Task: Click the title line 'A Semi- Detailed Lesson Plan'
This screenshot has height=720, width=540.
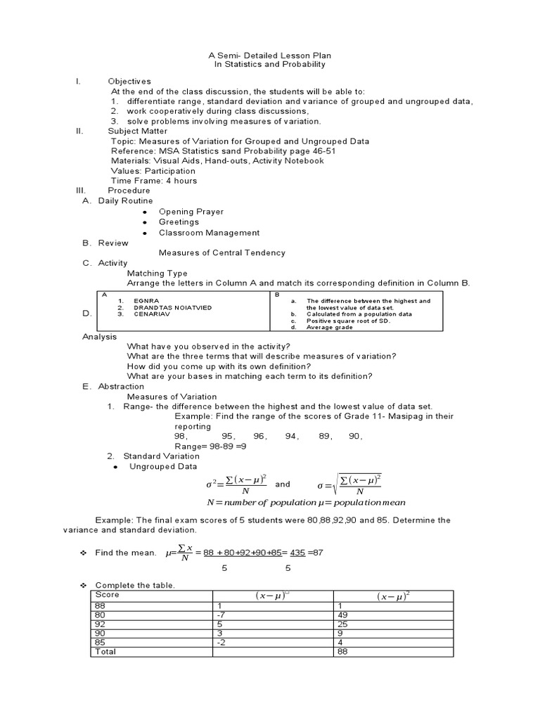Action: (x=270, y=55)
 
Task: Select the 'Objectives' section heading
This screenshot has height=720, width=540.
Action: (x=129, y=82)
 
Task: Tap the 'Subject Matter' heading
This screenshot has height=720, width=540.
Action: (x=138, y=131)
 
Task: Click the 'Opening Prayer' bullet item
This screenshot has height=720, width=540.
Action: (x=191, y=212)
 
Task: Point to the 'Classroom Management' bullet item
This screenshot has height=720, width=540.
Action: (x=209, y=233)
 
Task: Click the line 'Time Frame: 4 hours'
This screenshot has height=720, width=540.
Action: (x=154, y=181)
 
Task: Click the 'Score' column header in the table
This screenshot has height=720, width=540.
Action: (x=108, y=595)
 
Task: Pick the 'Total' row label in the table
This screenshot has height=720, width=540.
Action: (x=105, y=652)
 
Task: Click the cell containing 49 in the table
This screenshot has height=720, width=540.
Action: (x=343, y=615)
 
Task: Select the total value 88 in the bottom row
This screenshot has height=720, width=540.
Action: (x=343, y=652)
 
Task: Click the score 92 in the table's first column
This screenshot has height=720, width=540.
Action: (x=101, y=624)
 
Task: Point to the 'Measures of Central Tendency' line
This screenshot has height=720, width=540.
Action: (x=222, y=253)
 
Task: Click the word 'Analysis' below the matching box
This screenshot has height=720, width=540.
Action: (x=100, y=337)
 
